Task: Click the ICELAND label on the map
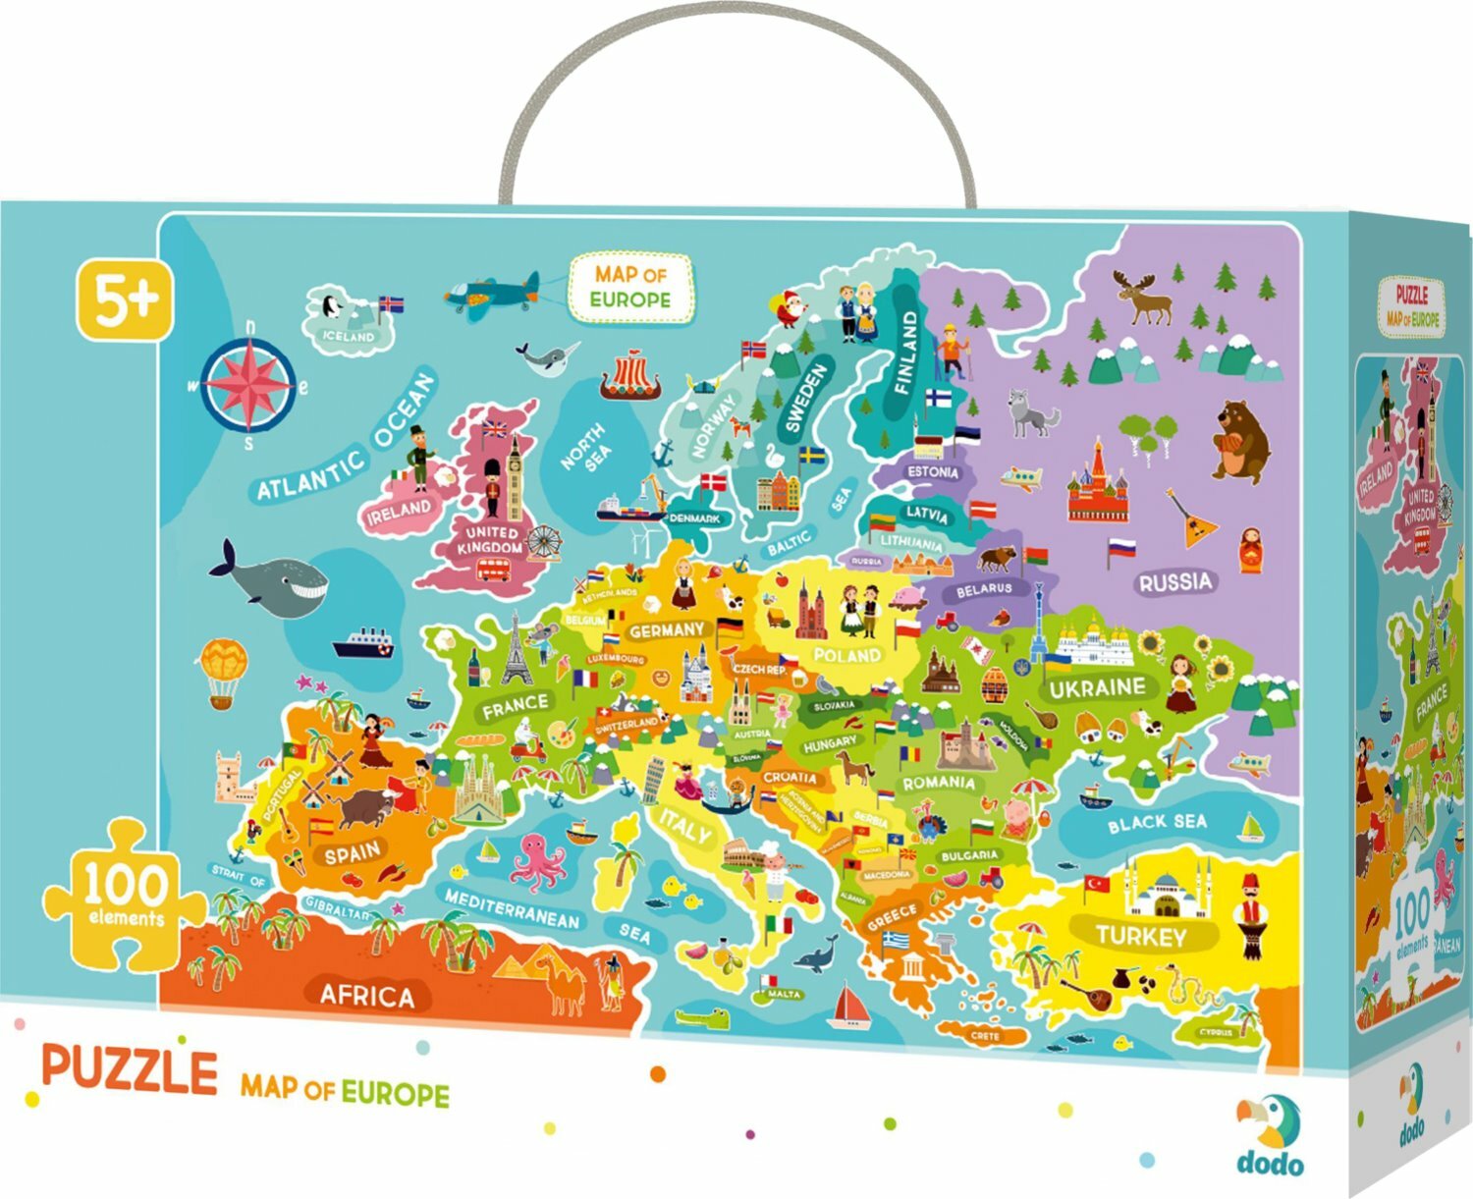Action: coord(350,336)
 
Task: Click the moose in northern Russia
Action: coord(1143,297)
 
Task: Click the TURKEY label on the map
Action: coord(1140,935)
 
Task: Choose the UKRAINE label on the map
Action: coord(1097,687)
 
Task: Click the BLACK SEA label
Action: coord(1157,823)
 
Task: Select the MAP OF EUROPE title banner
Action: coord(630,287)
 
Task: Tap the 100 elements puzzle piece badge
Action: coord(123,894)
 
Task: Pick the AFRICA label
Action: coord(367,995)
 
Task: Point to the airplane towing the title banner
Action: coord(491,291)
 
